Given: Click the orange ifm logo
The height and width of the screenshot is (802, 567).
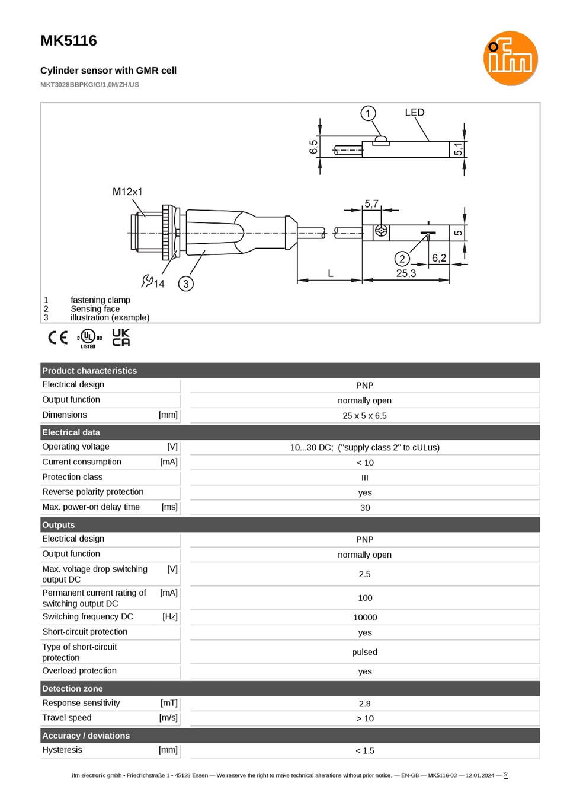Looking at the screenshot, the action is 510,58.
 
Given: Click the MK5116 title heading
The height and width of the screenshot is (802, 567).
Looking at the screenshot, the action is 69,41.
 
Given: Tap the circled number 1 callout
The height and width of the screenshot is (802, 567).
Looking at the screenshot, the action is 368,114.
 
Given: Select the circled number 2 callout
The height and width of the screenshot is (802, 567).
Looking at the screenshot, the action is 402,259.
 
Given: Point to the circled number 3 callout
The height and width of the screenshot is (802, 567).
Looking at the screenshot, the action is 186,284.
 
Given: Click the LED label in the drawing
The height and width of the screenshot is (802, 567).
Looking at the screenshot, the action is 415,113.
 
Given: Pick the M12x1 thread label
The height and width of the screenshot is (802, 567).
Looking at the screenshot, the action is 127,192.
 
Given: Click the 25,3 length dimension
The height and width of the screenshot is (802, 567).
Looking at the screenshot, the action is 406,273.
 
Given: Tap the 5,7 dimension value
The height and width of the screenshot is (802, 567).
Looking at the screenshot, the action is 371,204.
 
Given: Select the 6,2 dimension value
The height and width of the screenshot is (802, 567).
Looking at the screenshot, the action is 439,258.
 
